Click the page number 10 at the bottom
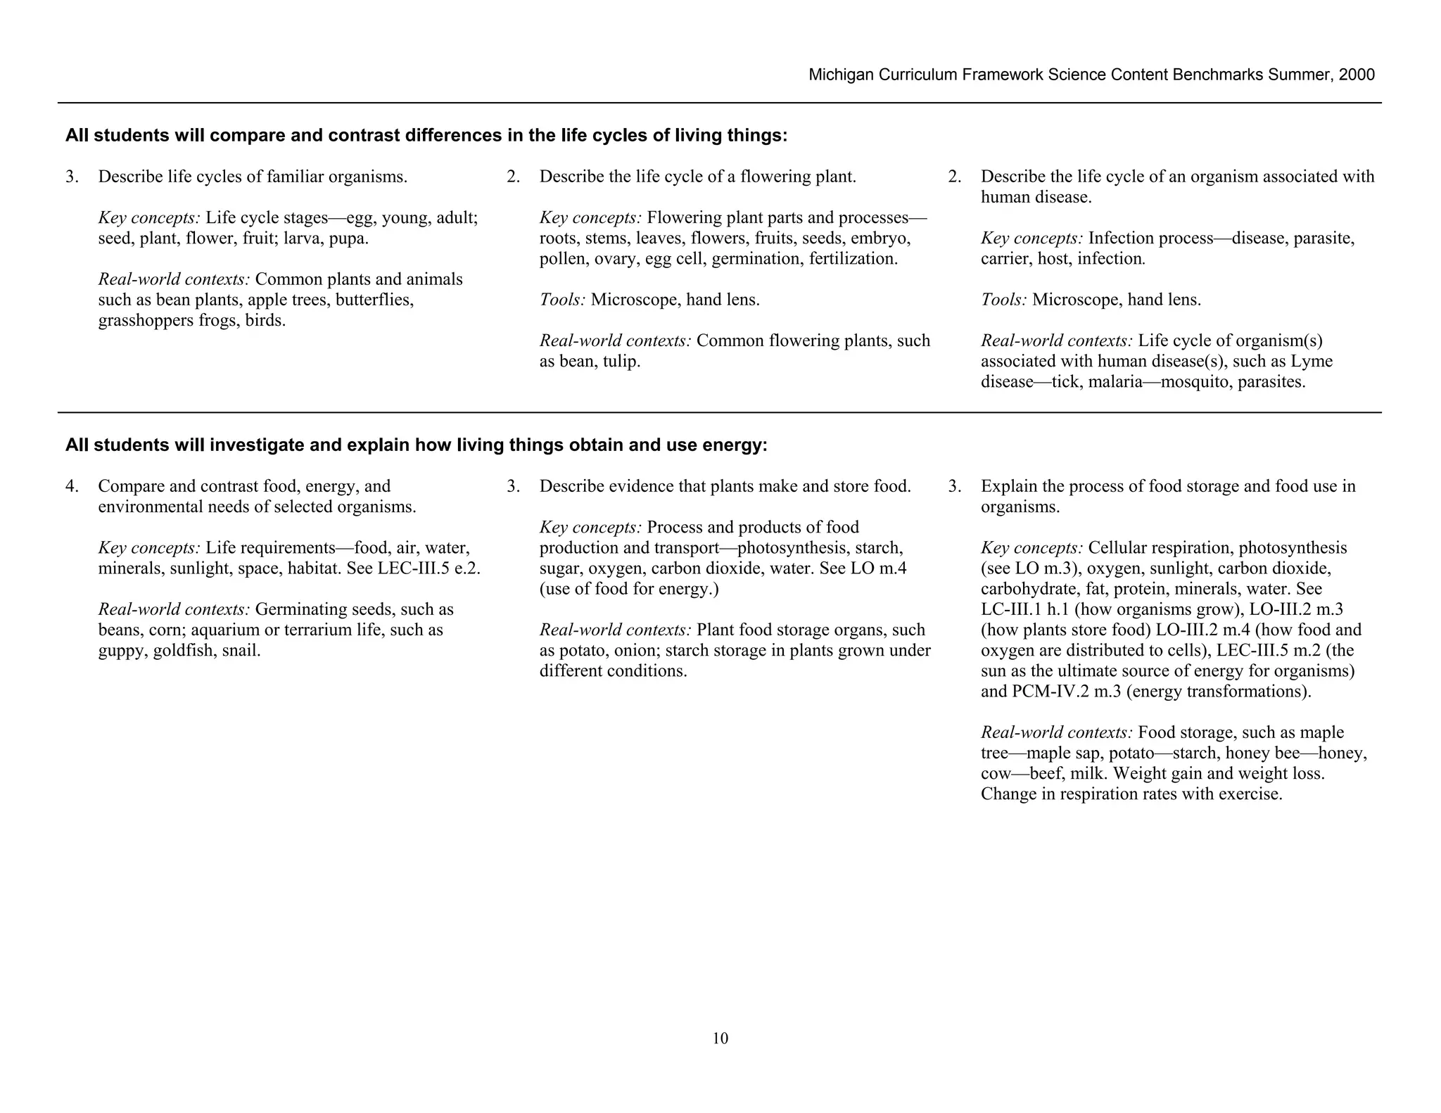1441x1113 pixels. pos(720,1038)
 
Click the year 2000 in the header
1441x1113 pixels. pos(1357,75)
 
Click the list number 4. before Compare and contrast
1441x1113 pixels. pos(72,486)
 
